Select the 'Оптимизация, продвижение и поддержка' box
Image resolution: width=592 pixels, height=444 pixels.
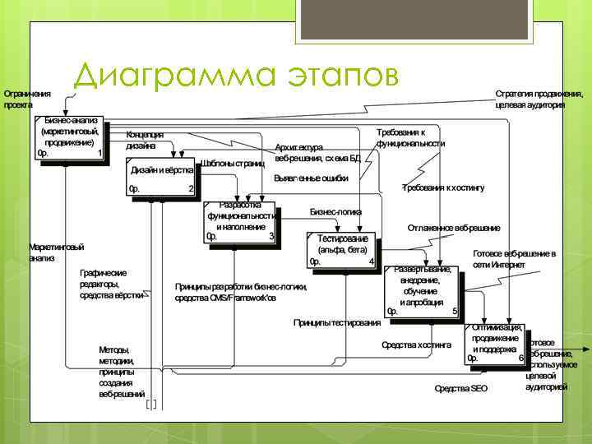[x=495, y=343]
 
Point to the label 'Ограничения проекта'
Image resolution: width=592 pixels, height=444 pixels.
[x=26, y=99]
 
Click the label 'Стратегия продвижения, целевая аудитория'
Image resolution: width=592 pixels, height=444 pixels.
[x=530, y=99]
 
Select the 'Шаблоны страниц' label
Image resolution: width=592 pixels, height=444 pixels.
[x=233, y=163]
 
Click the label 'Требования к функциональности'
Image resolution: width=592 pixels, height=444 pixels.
[x=410, y=137]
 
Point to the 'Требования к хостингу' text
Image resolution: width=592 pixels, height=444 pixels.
[x=443, y=187]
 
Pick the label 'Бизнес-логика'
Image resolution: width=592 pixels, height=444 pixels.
[x=335, y=211]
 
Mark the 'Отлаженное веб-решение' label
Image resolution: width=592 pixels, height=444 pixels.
[x=453, y=227]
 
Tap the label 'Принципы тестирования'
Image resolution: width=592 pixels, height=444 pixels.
[x=337, y=322]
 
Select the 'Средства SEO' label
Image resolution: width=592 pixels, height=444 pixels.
[x=460, y=388]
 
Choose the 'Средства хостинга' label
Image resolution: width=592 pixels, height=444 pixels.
[x=417, y=345]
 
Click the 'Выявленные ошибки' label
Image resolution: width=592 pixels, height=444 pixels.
[x=312, y=178]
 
